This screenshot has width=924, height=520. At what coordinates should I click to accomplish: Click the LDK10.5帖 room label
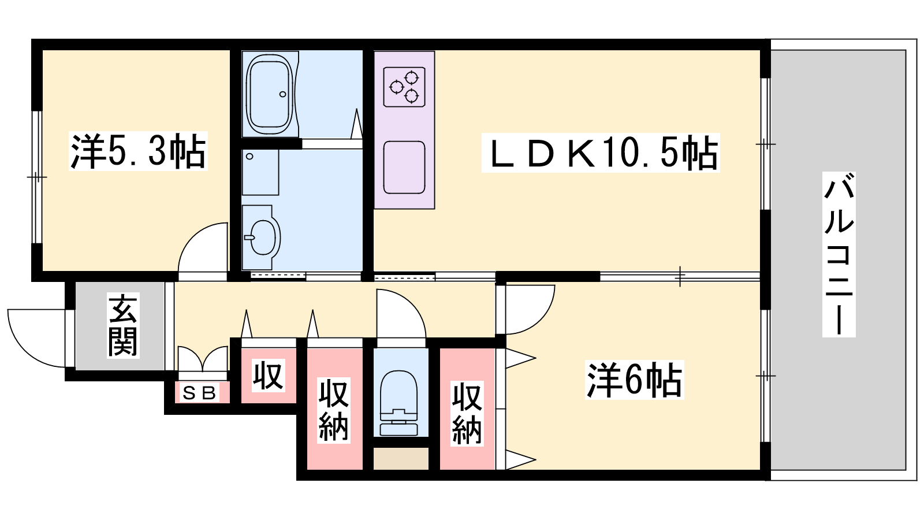coord(601,153)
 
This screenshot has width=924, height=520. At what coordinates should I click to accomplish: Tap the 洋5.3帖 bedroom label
coord(138,151)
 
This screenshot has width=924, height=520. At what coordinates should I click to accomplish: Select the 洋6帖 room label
coord(635,380)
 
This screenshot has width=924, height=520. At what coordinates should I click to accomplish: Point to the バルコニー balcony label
coord(839,254)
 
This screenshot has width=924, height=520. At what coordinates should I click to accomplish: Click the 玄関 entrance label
coord(123,325)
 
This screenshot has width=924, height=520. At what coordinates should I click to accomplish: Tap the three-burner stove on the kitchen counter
coord(404,87)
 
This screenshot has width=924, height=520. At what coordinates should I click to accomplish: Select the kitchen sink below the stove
coord(404,168)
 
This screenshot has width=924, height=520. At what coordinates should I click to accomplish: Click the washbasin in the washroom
coord(261,237)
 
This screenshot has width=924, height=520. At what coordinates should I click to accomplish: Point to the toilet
coord(398,403)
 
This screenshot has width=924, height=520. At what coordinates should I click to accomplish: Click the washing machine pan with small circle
coord(260,172)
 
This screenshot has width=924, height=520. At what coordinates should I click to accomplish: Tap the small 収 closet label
coord(268,376)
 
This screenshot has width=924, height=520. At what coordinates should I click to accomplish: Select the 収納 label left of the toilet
coord(334,410)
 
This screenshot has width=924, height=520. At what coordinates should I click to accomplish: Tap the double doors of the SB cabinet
coord(203,359)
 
